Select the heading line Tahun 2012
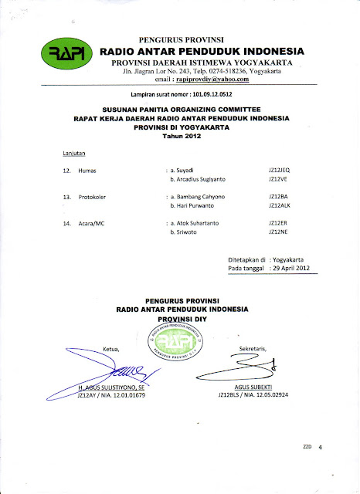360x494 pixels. click(180, 136)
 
